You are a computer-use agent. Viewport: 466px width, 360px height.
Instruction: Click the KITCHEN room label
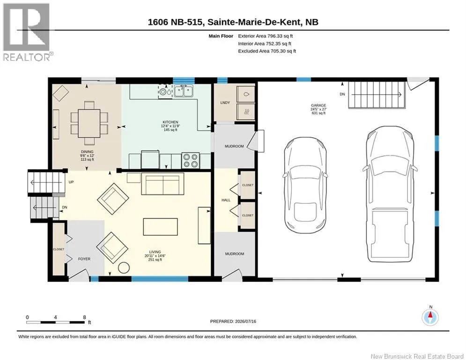tap(170, 122)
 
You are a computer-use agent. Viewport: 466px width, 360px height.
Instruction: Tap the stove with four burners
tap(191, 160)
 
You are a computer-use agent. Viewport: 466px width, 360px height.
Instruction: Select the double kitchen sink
tap(184, 91)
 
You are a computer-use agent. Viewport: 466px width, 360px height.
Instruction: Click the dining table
tap(89, 123)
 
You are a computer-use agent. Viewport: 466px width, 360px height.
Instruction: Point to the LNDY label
tap(225, 103)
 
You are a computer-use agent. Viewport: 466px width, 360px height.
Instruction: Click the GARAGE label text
tap(318, 105)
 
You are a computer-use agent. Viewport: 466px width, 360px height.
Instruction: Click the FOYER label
tap(84, 259)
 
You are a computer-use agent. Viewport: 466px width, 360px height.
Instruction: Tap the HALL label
tap(226, 200)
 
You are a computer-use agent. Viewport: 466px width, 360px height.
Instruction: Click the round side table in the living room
tap(124, 268)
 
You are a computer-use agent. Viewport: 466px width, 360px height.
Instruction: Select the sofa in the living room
tap(163, 184)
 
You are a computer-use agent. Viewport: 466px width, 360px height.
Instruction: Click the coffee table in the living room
tap(161, 227)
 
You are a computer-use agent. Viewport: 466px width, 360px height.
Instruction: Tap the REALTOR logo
tap(27, 32)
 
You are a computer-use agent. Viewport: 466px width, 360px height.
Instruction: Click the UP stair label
tap(71, 182)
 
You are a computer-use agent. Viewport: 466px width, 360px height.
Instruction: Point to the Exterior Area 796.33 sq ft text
tap(266, 36)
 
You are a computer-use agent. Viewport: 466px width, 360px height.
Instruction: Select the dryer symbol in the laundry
tap(246, 112)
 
